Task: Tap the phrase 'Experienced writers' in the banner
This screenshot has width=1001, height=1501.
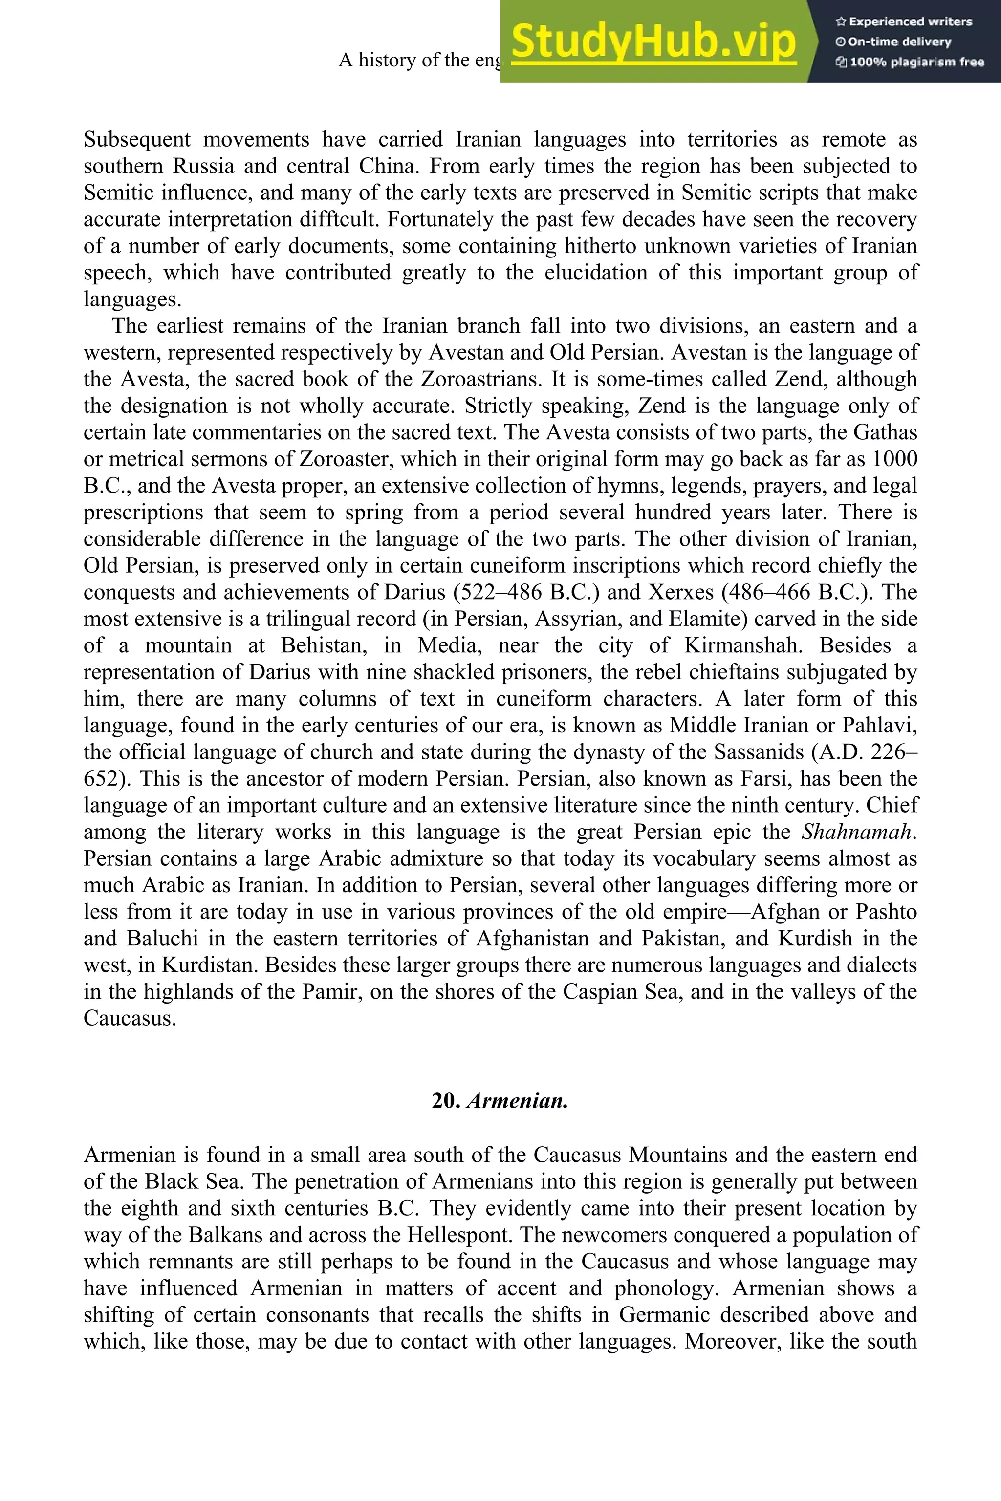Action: (910, 21)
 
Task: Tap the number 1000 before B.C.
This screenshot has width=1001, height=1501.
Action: (894, 459)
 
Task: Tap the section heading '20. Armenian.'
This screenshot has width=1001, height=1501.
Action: (500, 1101)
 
